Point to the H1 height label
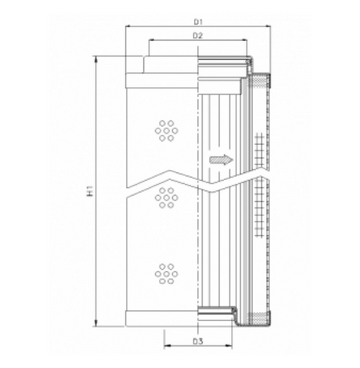[90, 189]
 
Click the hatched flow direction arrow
[222, 160]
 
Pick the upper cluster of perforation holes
[166, 129]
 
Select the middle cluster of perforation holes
[166, 197]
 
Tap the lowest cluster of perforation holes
[166, 273]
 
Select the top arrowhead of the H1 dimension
[96, 60]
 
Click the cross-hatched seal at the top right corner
[261, 78]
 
